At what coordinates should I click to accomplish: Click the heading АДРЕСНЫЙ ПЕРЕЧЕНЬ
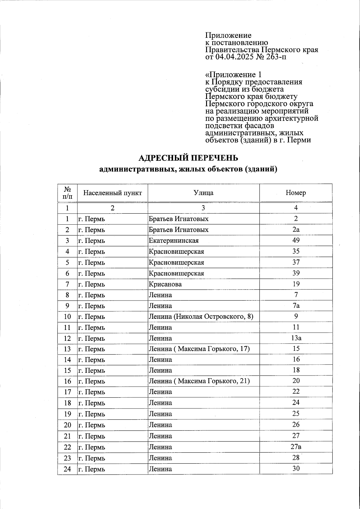pyautogui.click(x=188, y=158)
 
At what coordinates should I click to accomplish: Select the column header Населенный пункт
pyautogui.click(x=112, y=193)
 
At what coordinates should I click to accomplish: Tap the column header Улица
pyautogui.click(x=203, y=193)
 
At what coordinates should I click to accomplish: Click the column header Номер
pyautogui.click(x=296, y=193)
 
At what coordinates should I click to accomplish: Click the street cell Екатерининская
pyautogui.click(x=174, y=241)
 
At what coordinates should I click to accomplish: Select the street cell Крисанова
pyautogui.click(x=165, y=284)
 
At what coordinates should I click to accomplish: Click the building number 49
pyautogui.click(x=296, y=240)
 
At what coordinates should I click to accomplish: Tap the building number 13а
pyautogui.click(x=296, y=338)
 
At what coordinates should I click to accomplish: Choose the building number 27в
pyautogui.click(x=296, y=447)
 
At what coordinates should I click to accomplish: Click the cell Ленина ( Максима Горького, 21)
pyautogui.click(x=199, y=381)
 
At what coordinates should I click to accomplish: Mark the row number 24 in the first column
pyautogui.click(x=67, y=469)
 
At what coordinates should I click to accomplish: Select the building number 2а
pyautogui.click(x=296, y=229)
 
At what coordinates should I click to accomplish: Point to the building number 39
pyautogui.click(x=296, y=273)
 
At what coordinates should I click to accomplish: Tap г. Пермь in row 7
pyautogui.click(x=92, y=284)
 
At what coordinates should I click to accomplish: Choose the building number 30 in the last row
pyautogui.click(x=296, y=469)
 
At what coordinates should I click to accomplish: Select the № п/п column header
pyautogui.click(x=67, y=193)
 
